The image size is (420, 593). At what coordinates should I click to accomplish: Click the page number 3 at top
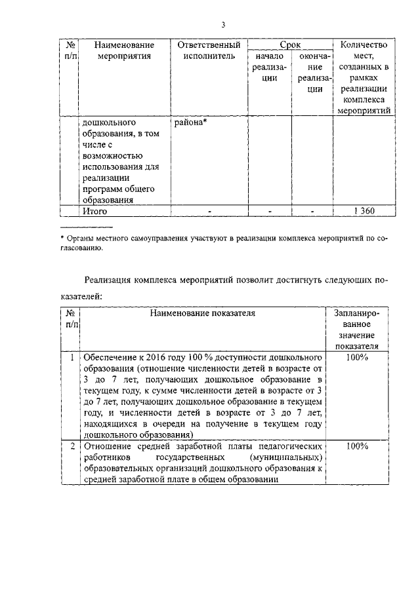223,25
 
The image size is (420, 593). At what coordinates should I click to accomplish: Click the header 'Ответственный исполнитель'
205,50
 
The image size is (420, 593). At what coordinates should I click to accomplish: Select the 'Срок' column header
290,45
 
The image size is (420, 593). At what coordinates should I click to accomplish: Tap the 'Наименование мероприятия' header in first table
124,50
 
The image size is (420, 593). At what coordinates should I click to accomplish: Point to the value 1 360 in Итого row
364,211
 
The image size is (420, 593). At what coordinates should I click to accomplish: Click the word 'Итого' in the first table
94,211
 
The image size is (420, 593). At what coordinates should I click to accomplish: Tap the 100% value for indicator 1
357,357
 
